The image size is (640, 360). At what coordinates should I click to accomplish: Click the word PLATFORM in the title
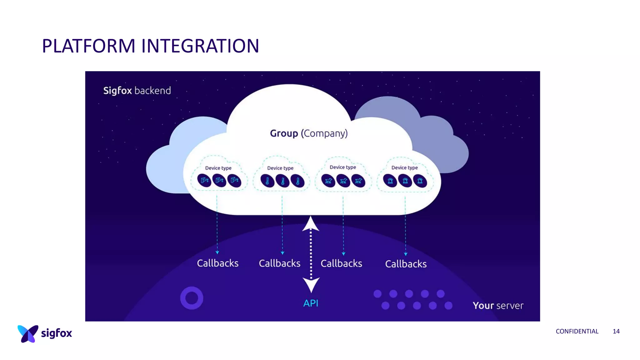(x=89, y=46)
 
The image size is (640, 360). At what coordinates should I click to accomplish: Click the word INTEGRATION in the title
(x=200, y=46)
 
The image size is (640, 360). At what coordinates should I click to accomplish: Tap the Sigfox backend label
(x=137, y=91)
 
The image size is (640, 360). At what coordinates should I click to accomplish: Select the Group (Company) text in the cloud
(x=309, y=133)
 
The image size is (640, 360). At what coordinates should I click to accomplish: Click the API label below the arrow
(x=311, y=303)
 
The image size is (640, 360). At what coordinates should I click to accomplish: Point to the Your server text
(x=498, y=305)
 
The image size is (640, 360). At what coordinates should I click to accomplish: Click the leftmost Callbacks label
(x=217, y=263)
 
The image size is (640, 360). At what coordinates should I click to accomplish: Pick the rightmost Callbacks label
(x=406, y=264)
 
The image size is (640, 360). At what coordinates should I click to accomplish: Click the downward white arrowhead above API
(x=311, y=285)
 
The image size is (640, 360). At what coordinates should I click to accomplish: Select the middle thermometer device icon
(x=282, y=181)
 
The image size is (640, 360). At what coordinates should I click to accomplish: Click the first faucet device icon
(x=204, y=180)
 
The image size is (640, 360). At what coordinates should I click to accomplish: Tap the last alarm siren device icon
(x=420, y=181)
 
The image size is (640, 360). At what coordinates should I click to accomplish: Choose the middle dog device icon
(x=343, y=181)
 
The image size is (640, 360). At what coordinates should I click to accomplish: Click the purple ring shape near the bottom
(x=192, y=298)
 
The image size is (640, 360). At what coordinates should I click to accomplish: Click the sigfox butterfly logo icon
(x=27, y=333)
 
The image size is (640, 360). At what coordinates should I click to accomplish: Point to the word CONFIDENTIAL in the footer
(x=577, y=331)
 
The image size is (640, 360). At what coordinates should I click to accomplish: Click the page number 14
(x=616, y=331)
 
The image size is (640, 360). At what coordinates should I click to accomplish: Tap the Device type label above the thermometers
(x=280, y=168)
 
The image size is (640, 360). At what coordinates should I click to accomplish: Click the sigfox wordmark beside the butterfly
(x=57, y=333)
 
